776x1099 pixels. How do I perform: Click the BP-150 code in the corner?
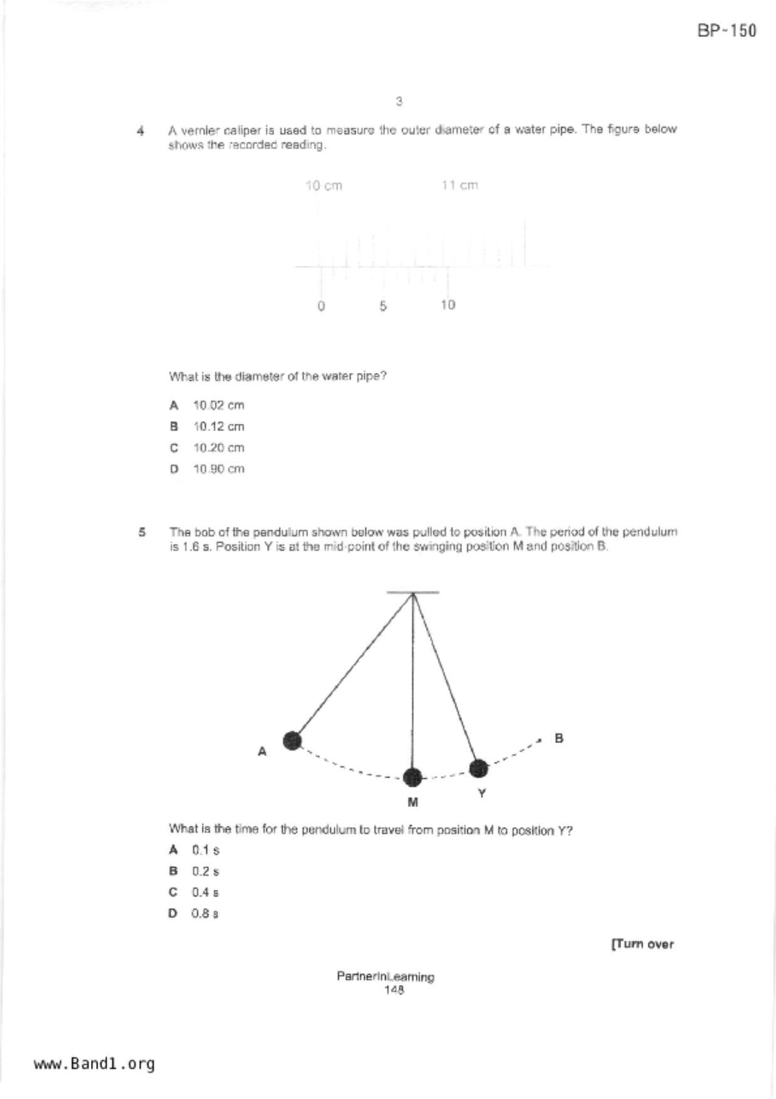click(x=727, y=31)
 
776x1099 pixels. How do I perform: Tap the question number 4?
click(x=140, y=131)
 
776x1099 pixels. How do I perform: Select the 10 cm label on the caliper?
click(x=324, y=185)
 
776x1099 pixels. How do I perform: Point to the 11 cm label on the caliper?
click(x=460, y=185)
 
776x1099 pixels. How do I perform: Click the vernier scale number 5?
click(x=383, y=306)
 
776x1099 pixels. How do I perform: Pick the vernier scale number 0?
click(x=321, y=306)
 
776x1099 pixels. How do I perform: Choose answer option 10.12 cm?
click(x=218, y=427)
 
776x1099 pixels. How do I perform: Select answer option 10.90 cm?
click(x=218, y=469)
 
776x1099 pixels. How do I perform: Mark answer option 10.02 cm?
click(x=218, y=405)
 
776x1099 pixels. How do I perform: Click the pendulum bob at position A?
click(x=292, y=741)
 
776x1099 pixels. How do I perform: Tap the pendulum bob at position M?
click(x=412, y=777)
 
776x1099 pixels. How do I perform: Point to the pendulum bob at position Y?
click(x=479, y=768)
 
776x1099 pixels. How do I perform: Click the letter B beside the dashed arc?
click(x=559, y=739)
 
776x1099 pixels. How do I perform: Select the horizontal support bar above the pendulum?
click(x=412, y=592)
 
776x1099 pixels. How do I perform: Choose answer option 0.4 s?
click(x=205, y=892)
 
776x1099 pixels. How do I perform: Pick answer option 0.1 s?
click(x=205, y=850)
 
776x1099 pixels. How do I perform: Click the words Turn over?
click(x=643, y=944)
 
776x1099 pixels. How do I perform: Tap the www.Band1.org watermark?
click(x=95, y=1064)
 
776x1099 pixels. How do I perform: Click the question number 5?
click(x=142, y=532)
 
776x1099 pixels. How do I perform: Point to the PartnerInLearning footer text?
click(x=385, y=976)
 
